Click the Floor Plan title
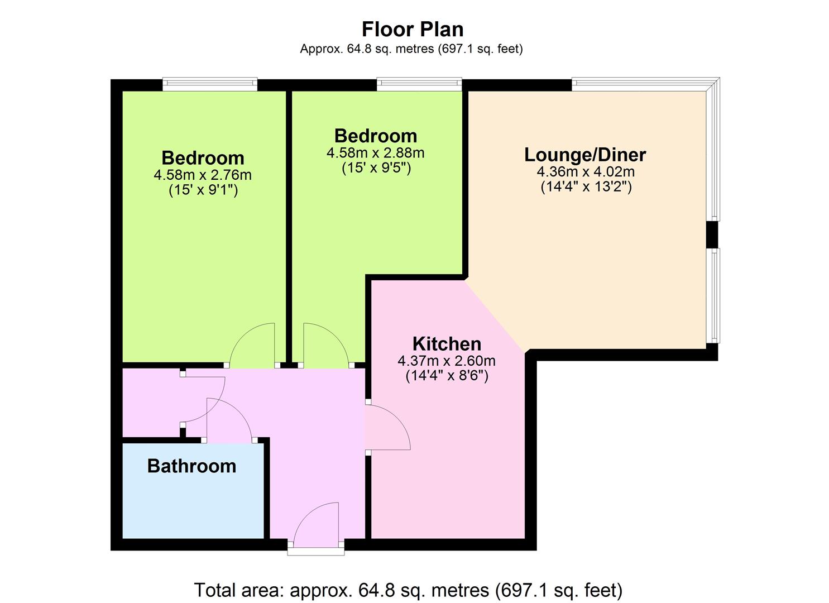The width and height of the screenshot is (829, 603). tap(413, 30)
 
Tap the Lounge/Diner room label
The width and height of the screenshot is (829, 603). tap(585, 155)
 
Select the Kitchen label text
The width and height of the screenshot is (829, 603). tap(447, 344)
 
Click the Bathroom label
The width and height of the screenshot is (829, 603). tap(191, 466)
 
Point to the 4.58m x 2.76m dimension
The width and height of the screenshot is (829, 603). tap(203, 175)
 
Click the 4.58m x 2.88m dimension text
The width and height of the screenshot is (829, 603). tap(375, 153)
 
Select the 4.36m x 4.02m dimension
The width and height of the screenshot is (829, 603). tap(586, 172)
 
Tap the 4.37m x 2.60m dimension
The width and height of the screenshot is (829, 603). tap(447, 361)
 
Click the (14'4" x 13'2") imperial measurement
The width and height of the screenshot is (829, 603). tap(586, 187)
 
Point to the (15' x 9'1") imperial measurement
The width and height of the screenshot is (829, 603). tap(203, 190)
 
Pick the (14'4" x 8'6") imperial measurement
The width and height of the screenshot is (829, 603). tap(447, 376)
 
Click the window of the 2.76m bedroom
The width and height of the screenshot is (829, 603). tap(210, 84)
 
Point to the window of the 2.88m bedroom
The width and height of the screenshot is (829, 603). tap(419, 84)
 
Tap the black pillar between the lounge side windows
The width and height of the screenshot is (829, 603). tap(712, 234)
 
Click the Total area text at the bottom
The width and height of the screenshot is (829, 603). tap(408, 590)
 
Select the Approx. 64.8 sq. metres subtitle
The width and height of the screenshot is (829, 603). tap(411, 49)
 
